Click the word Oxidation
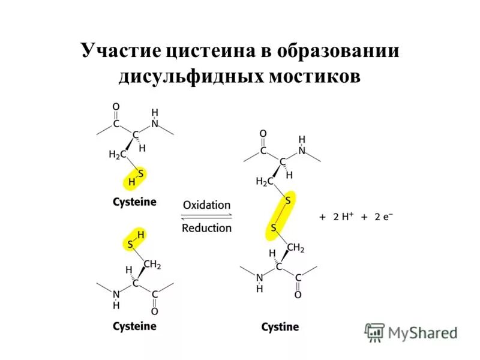pos(206,205)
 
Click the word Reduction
pos(206,228)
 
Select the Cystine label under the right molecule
pos(280,327)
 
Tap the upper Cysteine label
pos(134,202)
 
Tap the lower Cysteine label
pos(134,326)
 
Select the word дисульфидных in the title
pos(190,76)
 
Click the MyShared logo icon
pos(375,332)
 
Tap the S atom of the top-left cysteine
pos(141,173)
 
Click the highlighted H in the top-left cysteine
pos(131,181)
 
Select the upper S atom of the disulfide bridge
pos(287,200)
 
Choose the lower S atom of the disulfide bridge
pos(273,228)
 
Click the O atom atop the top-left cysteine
pos(116,107)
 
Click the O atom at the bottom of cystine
pos(298,295)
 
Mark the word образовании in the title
pos(338,50)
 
